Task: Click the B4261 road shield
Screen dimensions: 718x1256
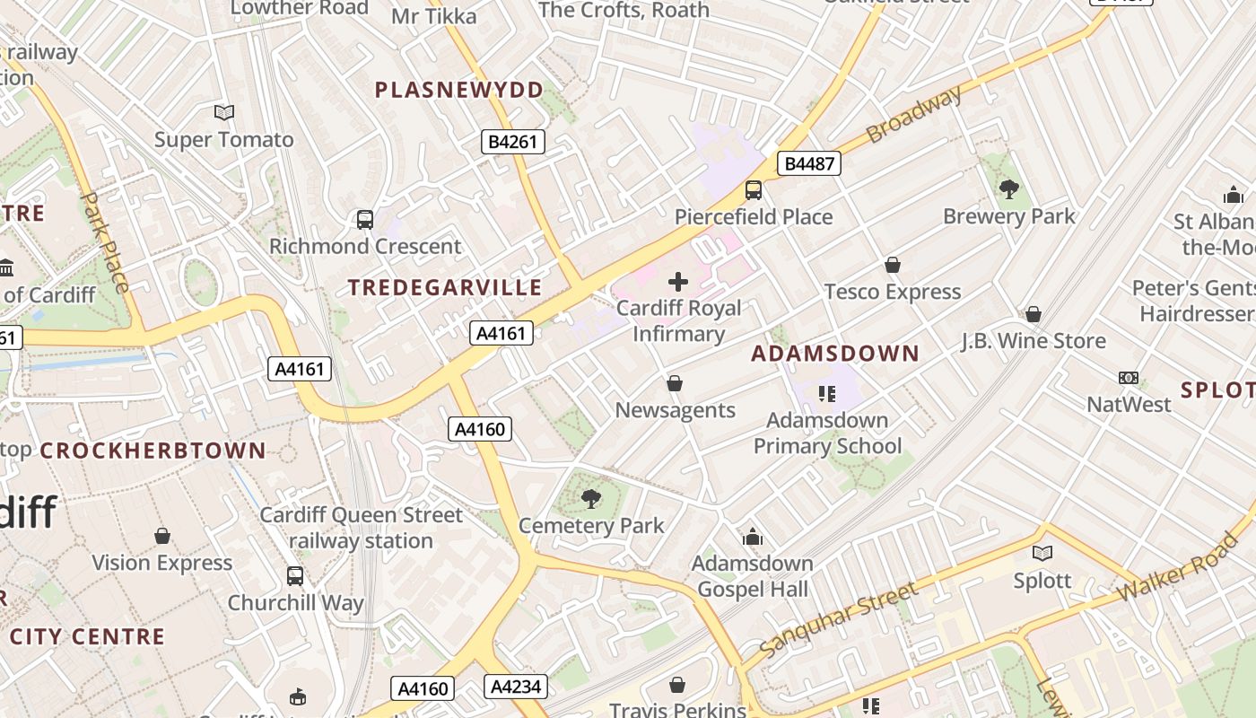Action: [513, 141]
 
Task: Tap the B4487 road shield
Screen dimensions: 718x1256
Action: [808, 163]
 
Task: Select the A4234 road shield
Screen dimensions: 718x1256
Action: [515, 687]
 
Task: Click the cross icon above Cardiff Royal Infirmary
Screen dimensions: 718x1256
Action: [678, 282]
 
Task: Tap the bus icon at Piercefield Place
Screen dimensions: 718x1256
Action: [754, 190]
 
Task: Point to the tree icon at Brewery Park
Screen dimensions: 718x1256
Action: [1008, 189]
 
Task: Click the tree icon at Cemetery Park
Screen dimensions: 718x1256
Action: [590, 498]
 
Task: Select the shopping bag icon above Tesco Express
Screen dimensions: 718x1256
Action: [892, 265]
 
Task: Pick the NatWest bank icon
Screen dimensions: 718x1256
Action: [1128, 378]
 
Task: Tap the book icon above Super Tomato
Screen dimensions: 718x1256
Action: [224, 112]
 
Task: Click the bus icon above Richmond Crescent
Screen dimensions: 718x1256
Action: [365, 219]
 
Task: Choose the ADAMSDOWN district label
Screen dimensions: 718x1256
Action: [835, 354]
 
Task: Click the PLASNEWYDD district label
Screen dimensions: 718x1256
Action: [459, 90]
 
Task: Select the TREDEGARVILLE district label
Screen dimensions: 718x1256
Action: [445, 288]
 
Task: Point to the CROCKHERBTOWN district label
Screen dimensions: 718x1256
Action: [153, 451]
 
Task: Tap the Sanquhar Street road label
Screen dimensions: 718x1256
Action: [838, 618]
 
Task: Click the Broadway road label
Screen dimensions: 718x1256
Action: [914, 114]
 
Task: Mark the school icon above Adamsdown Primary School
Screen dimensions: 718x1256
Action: [827, 393]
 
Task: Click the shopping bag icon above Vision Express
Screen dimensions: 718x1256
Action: [162, 536]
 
